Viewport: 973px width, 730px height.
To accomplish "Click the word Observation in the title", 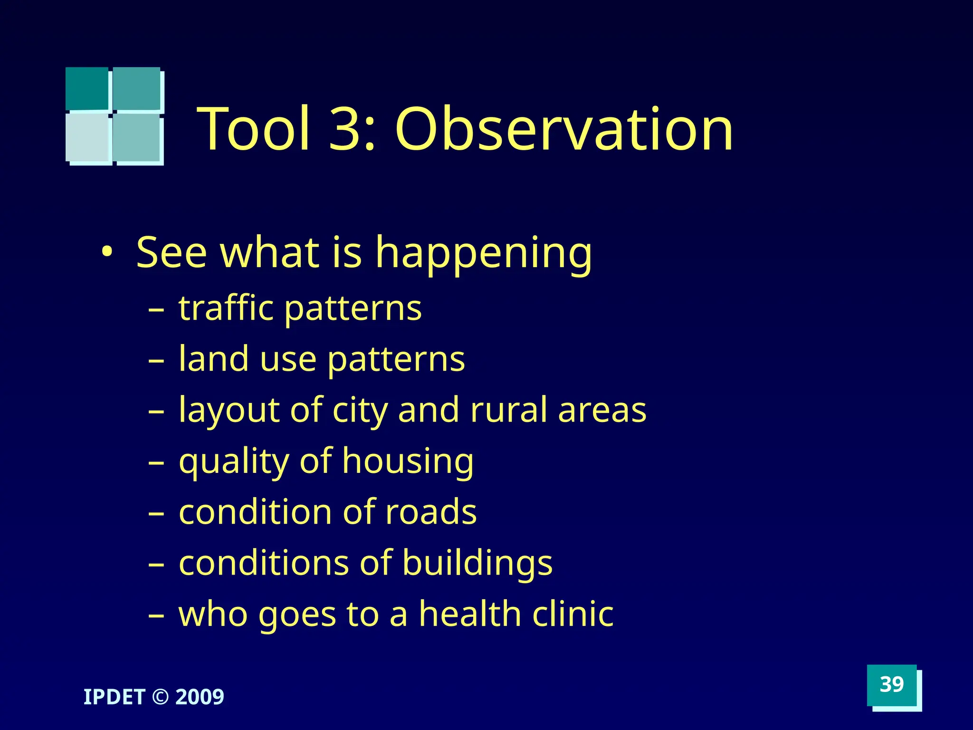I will pos(564,129).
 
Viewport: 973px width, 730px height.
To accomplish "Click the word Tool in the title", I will pos(254,129).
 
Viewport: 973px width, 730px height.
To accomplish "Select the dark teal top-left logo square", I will pos(87,88).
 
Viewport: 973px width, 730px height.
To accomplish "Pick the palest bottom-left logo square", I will pos(88,138).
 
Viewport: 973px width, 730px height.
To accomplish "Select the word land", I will pos(213,359).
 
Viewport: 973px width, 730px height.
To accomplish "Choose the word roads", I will pos(431,512).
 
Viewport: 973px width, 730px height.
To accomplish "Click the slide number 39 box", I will pos(891,685).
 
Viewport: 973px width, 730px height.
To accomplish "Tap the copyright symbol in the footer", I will pos(161,697).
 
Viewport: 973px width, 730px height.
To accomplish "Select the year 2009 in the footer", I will pos(200,697).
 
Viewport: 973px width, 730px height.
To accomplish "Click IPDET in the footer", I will pos(114,697).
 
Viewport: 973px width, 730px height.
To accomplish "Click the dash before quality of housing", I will pos(156,462).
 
